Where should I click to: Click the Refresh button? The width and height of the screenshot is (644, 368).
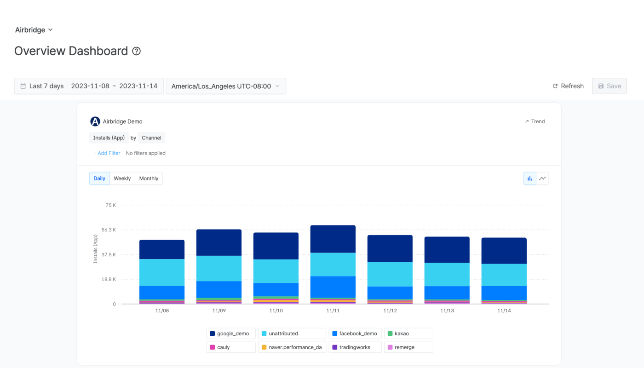568,86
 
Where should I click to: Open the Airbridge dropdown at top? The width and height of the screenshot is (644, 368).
34,30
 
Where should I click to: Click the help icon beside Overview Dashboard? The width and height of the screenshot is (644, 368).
136,51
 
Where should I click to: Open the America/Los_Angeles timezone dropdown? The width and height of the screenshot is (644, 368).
226,86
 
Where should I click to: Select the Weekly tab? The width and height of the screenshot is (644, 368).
122,178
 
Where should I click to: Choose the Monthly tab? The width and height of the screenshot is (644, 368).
149,178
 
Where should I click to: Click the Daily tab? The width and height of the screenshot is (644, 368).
99,178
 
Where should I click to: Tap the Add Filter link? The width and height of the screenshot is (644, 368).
107,153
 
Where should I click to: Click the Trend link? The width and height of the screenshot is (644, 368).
535,121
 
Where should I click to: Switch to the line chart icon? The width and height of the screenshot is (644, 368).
542,178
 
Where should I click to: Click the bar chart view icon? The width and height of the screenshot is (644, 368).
530,178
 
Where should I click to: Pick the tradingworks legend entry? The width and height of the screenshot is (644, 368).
355,347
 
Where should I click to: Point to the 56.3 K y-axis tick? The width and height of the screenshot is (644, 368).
109,230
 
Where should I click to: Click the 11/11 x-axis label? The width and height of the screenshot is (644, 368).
333,311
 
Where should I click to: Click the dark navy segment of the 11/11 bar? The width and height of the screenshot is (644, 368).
333,239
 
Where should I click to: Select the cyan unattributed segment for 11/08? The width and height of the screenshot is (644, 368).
162,272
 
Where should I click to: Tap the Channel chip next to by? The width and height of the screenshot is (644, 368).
151,138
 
